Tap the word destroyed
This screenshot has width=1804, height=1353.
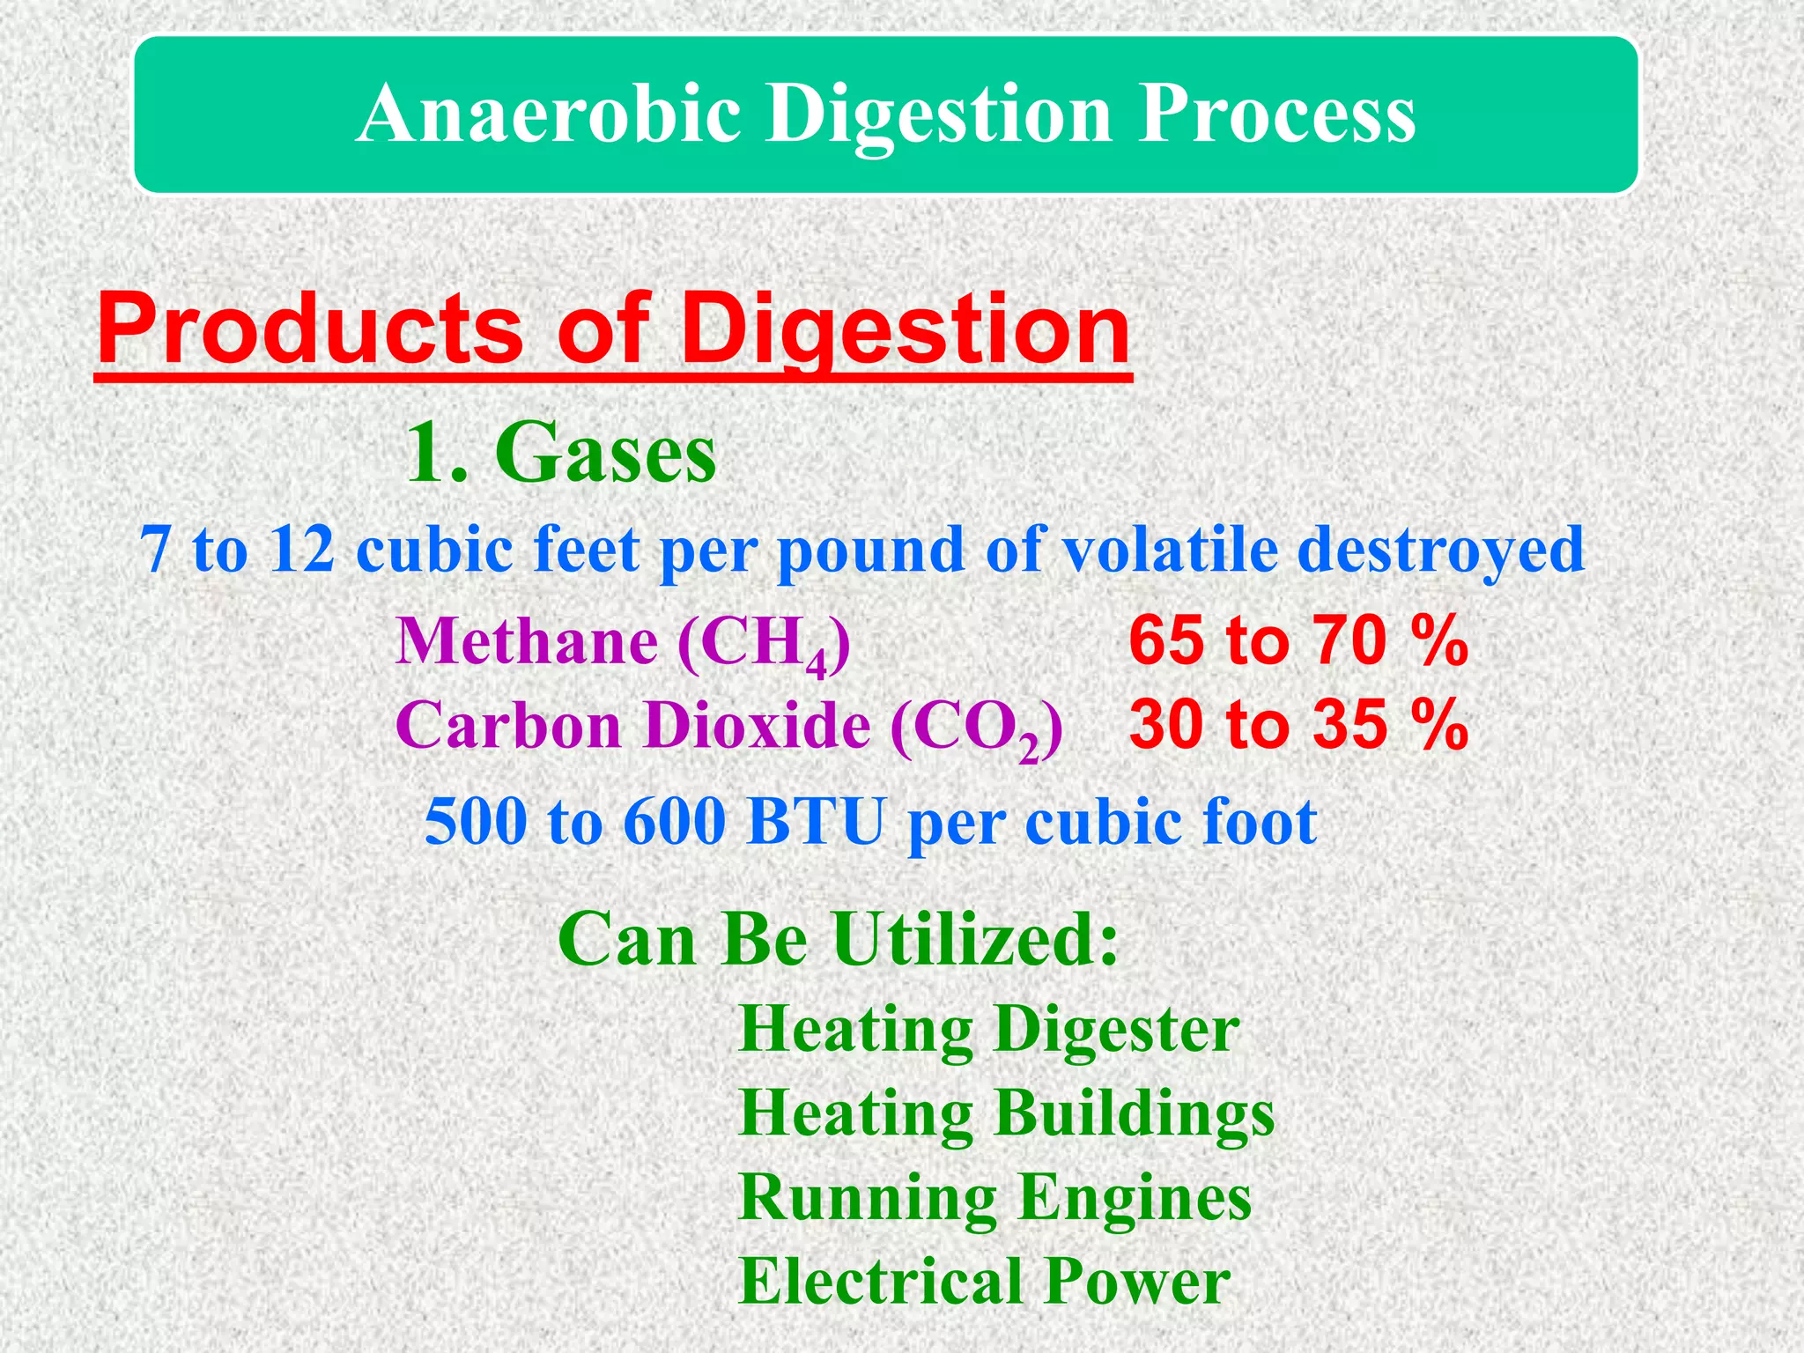1441,549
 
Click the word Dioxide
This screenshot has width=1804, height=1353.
757,725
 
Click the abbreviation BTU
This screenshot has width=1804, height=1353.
815,821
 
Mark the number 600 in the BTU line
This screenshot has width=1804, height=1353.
675,821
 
